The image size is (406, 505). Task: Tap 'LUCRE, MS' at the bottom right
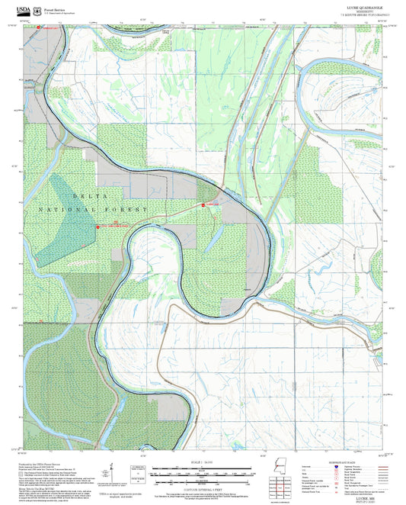tap(371, 496)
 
